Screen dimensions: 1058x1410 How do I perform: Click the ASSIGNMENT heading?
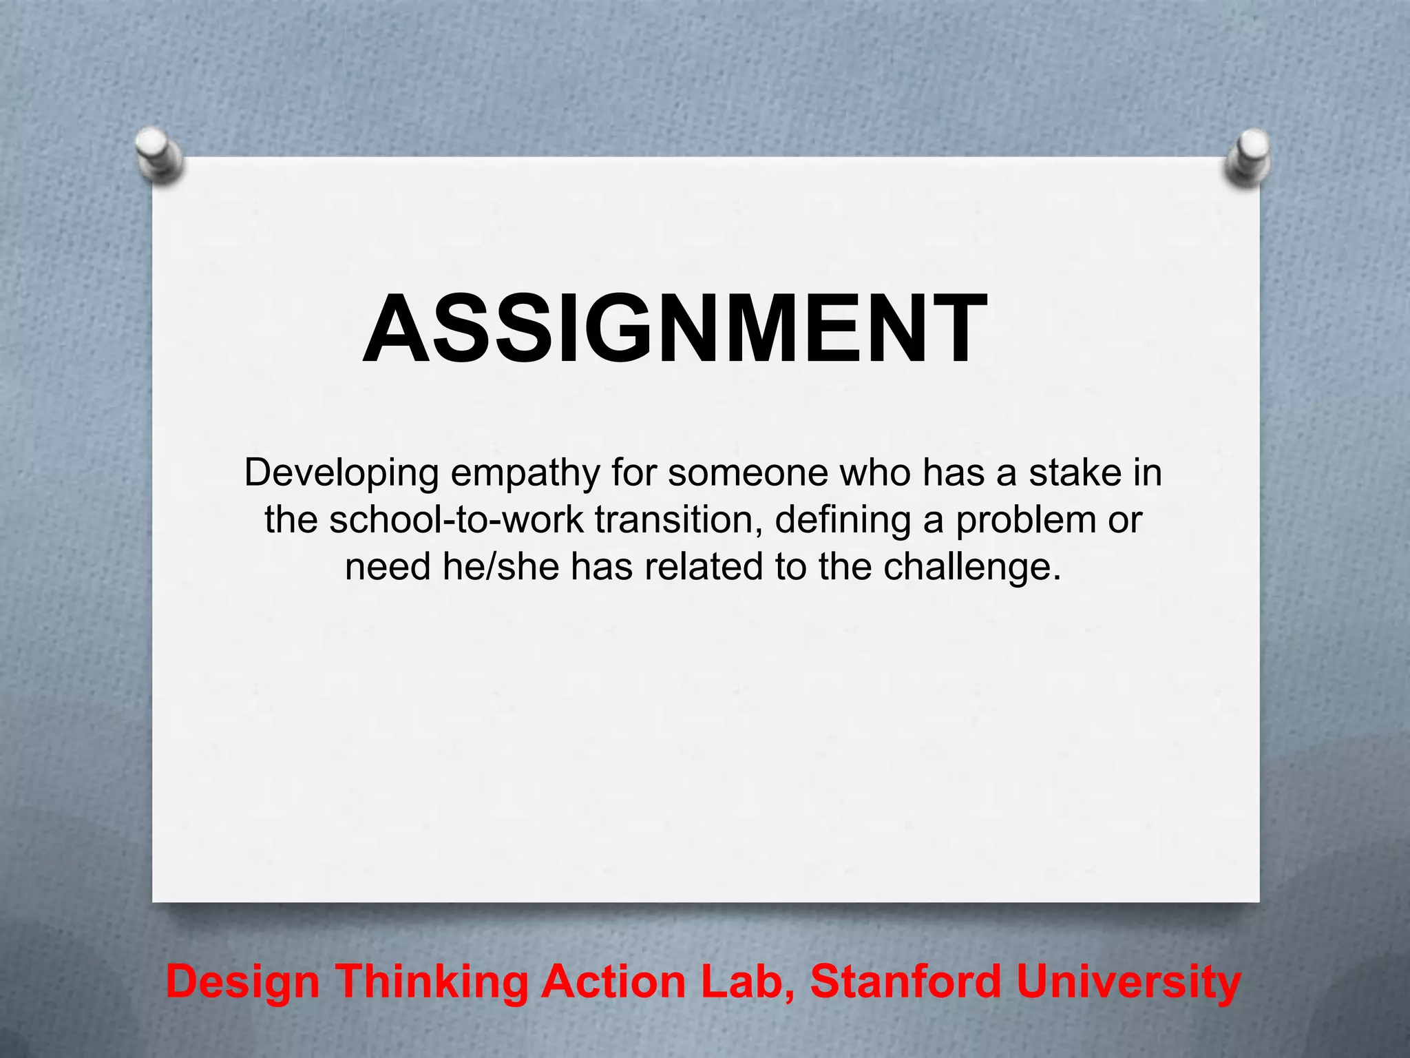[x=675, y=329]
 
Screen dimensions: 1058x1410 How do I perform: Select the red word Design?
[x=243, y=982]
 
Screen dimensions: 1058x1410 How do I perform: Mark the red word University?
[x=1128, y=982]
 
